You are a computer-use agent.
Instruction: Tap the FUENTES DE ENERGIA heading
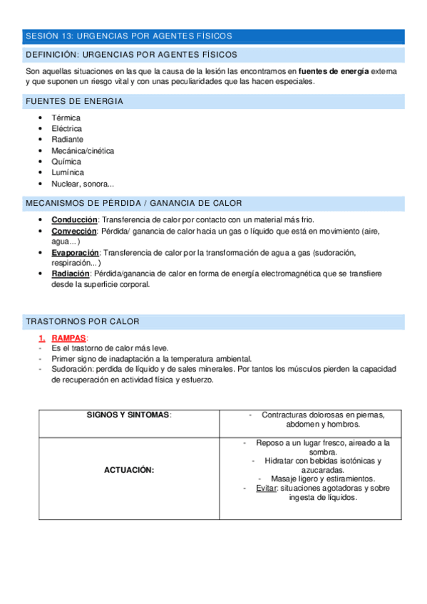(74, 101)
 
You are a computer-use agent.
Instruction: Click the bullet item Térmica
(66, 118)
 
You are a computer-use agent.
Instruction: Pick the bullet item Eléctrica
(67, 129)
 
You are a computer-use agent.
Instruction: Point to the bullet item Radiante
(67, 140)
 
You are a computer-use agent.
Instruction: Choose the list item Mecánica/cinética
(83, 151)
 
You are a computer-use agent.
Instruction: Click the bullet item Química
(66, 162)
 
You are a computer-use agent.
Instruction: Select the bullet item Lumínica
(67, 172)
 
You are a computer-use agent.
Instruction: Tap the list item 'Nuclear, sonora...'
(83, 184)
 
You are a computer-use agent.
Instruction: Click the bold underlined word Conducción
(74, 219)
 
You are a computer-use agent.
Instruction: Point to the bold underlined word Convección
(74, 231)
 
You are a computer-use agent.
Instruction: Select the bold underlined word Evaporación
(76, 252)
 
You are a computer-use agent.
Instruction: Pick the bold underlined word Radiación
(71, 274)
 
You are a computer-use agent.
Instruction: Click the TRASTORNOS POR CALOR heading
(83, 322)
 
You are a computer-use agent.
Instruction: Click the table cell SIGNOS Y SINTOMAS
(129, 415)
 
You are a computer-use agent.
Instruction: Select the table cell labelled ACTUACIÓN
(129, 470)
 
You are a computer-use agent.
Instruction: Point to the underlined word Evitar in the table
(266, 488)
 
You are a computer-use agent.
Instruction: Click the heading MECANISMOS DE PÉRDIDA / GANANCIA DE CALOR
(134, 204)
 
